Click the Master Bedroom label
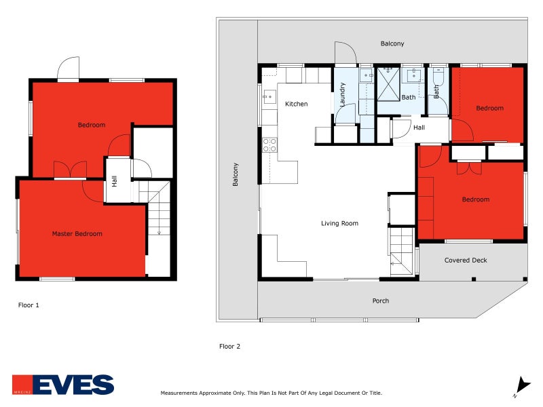point(77,234)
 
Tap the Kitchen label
point(296,104)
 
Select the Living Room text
point(339,223)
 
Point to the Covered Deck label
point(466,260)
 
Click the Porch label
point(380,301)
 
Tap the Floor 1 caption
point(29,305)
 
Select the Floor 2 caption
point(229,346)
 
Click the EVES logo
point(63,385)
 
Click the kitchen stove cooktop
point(269,144)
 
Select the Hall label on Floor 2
point(419,128)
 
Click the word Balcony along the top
point(392,43)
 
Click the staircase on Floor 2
point(401,250)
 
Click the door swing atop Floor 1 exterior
point(69,69)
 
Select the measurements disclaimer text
point(271,393)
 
